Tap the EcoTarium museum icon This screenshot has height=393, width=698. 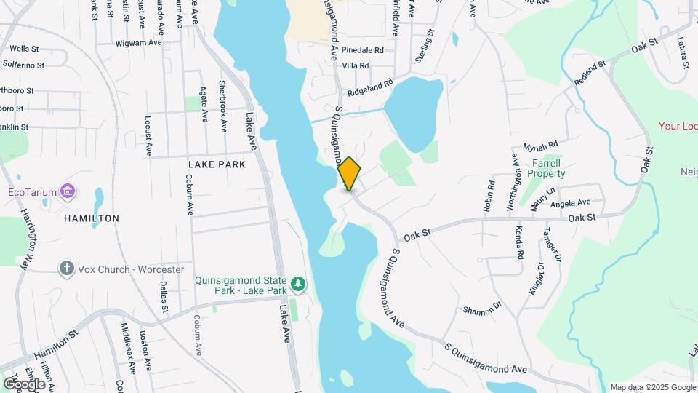pos(68,192)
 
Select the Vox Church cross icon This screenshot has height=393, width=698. pos(67,269)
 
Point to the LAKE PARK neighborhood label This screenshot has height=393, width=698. pos(217,164)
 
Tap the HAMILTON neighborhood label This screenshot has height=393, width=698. pos(92,218)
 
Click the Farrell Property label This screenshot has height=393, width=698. pos(547,168)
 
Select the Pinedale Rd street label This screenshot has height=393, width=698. pos(362,51)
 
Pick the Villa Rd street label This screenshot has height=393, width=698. pos(356,65)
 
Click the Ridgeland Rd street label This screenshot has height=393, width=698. pos(369,88)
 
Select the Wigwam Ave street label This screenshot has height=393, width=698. pos(138,43)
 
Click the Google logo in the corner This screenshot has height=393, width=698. pos(24,384)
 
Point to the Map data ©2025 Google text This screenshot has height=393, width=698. pos(652,387)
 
